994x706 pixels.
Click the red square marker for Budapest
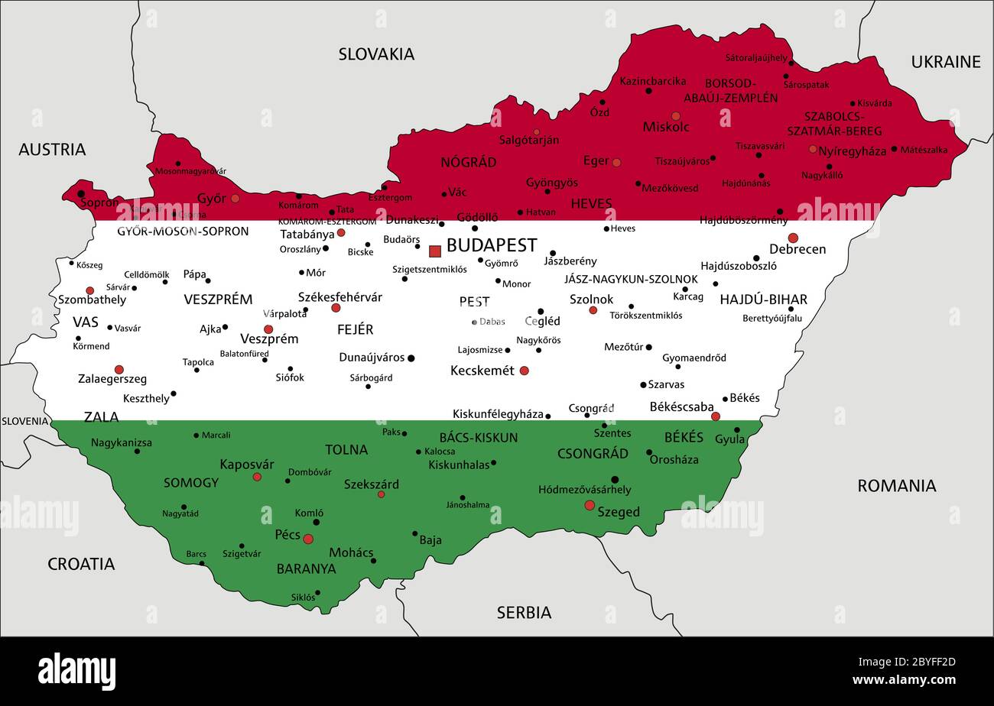click(x=435, y=251)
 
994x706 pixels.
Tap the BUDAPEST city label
click(x=491, y=245)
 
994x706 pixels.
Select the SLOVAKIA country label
click(x=376, y=53)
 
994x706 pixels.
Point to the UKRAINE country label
click(x=945, y=62)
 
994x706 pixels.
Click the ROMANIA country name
click(x=896, y=485)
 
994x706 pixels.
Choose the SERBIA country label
click(x=524, y=612)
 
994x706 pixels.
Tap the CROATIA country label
click(x=81, y=564)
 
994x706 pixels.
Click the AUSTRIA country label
click(x=52, y=149)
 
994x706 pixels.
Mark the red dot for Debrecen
click(x=793, y=238)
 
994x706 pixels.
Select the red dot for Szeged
click(x=590, y=505)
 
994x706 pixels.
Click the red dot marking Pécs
click(x=308, y=539)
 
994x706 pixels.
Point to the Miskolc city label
click(x=665, y=127)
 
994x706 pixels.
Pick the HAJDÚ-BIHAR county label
click(x=763, y=300)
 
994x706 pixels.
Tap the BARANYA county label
click(x=306, y=568)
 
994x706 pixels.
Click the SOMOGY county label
click(x=191, y=483)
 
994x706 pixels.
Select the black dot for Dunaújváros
click(x=411, y=358)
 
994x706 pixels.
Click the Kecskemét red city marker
click(x=524, y=371)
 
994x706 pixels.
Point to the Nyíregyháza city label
click(x=852, y=151)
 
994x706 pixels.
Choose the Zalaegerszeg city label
click(x=112, y=379)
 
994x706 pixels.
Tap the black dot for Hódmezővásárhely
click(x=615, y=480)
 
